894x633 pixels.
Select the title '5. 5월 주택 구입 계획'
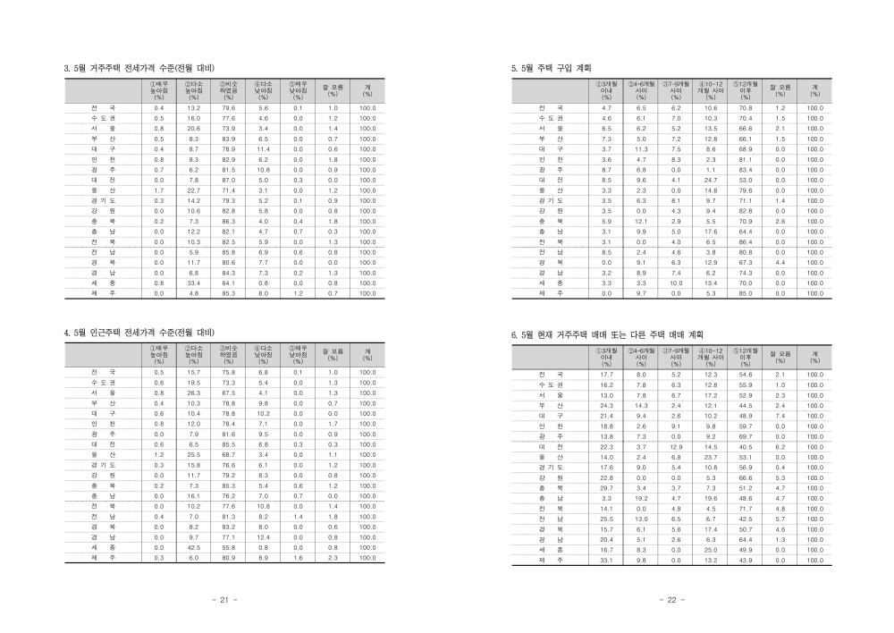[x=551, y=67]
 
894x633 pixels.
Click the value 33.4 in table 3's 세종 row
[x=193, y=283]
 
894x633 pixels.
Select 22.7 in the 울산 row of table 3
[x=193, y=190]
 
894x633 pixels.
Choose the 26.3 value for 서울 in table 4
[x=193, y=392]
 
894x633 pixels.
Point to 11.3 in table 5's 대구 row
[x=641, y=148]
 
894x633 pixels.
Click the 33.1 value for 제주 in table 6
[x=606, y=560]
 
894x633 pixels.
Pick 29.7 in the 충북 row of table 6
[x=606, y=488]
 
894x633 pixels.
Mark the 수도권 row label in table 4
[x=104, y=382]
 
